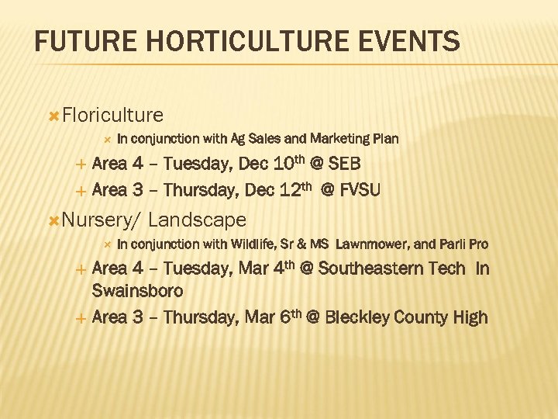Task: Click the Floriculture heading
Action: click(x=112, y=116)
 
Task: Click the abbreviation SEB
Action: click(x=343, y=164)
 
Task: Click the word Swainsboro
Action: click(x=137, y=291)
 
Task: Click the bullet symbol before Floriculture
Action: click(x=53, y=116)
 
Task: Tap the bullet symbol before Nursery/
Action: click(x=53, y=221)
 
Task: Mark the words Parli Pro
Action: click(x=463, y=244)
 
